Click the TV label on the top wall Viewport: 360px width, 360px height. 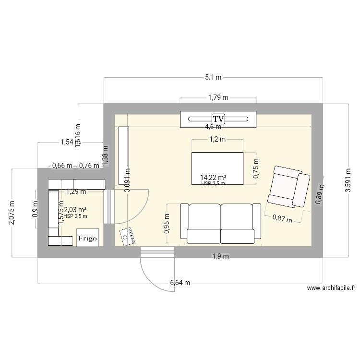218,118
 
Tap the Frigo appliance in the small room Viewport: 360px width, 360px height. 88,238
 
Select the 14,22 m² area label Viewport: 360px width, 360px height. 213,178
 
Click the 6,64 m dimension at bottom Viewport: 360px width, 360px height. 180,283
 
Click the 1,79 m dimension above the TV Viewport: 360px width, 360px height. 218,97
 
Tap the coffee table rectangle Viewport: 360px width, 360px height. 217,168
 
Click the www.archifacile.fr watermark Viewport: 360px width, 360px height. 330,288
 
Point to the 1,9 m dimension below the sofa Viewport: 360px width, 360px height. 220,256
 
